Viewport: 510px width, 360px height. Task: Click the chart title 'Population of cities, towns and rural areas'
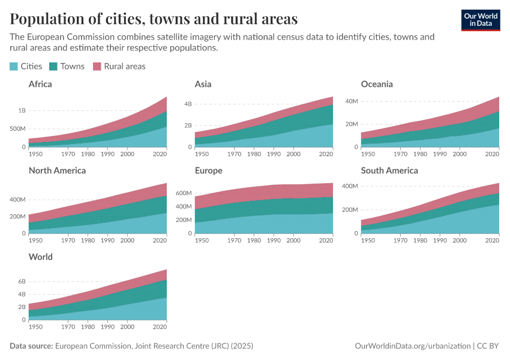[x=154, y=19]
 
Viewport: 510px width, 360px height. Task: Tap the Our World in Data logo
[x=481, y=20]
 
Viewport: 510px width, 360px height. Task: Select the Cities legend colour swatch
[x=14, y=67]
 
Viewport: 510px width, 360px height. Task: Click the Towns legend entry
[x=67, y=67]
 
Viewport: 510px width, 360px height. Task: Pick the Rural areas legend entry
[x=119, y=67]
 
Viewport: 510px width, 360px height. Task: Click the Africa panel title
[x=40, y=84]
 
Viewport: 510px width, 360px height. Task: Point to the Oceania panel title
[x=377, y=84]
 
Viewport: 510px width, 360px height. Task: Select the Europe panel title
[x=208, y=170]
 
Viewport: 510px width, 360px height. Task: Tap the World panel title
[x=41, y=257]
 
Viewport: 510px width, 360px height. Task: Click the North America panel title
[x=57, y=170]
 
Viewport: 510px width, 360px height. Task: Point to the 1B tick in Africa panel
[x=22, y=111]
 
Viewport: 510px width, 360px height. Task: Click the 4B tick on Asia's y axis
[x=188, y=104]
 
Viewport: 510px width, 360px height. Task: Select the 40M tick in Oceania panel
[x=350, y=101]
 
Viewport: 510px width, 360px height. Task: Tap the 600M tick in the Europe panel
[x=184, y=194]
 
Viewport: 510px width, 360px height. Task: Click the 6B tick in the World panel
[x=22, y=281]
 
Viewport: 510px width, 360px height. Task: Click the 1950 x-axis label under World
[x=35, y=327]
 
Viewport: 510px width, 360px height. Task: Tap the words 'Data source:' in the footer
[x=31, y=346]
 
